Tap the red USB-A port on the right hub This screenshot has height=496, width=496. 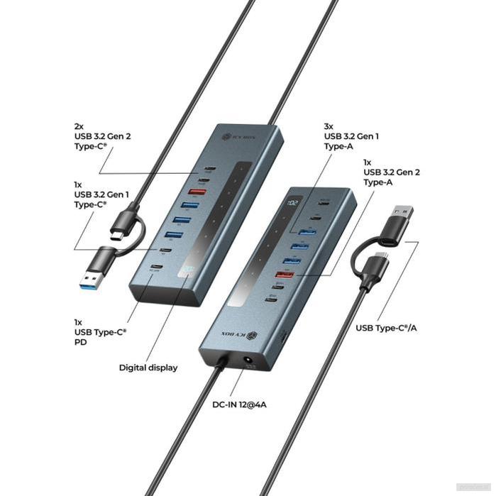287,275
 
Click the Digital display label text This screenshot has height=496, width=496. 148,368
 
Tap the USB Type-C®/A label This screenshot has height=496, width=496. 386,327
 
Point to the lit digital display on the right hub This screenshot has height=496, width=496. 294,204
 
